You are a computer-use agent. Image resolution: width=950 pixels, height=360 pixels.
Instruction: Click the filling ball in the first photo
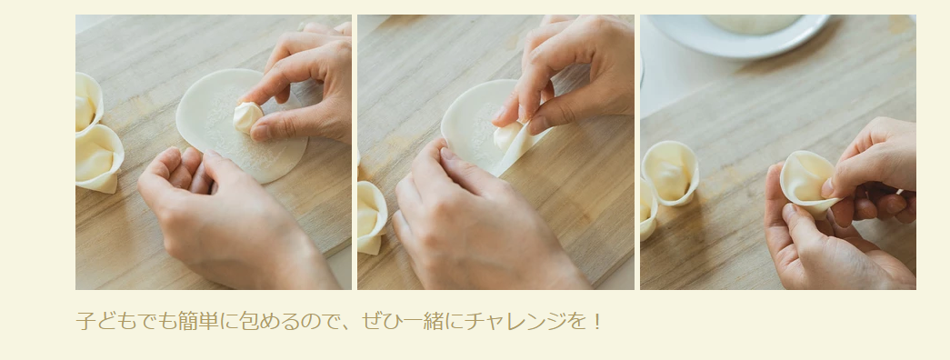247,117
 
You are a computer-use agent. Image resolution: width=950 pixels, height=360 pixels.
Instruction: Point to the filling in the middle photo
507,136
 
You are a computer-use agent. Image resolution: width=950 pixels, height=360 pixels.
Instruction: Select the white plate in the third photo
736,35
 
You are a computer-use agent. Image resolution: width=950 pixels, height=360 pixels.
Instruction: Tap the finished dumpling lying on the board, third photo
669,172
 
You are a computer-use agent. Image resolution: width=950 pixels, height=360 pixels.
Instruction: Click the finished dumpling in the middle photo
371,217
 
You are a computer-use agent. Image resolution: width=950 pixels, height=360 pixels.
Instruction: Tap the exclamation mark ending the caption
596,321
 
